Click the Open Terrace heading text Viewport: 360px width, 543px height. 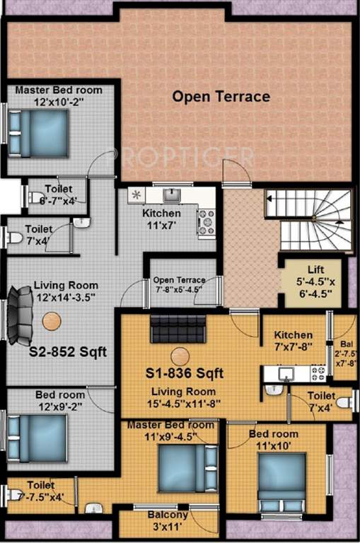[x=221, y=96]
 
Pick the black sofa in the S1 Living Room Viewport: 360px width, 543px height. [x=177, y=329]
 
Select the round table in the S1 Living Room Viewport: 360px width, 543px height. [x=180, y=356]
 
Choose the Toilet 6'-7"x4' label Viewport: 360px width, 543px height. [x=57, y=194]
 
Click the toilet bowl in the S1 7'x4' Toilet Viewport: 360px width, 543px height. [x=344, y=403]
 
